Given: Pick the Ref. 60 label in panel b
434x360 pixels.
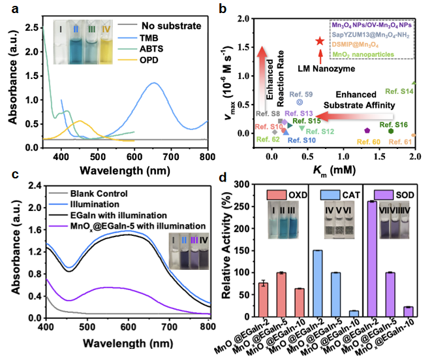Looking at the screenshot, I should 367,141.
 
